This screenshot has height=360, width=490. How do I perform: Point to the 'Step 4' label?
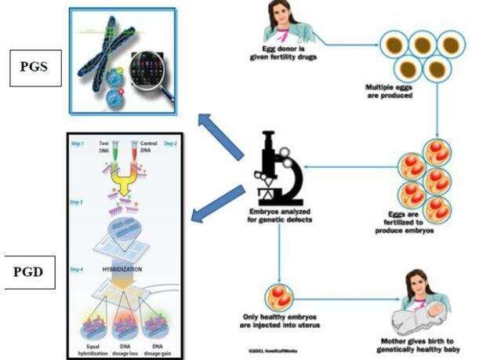tap(77, 269)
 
